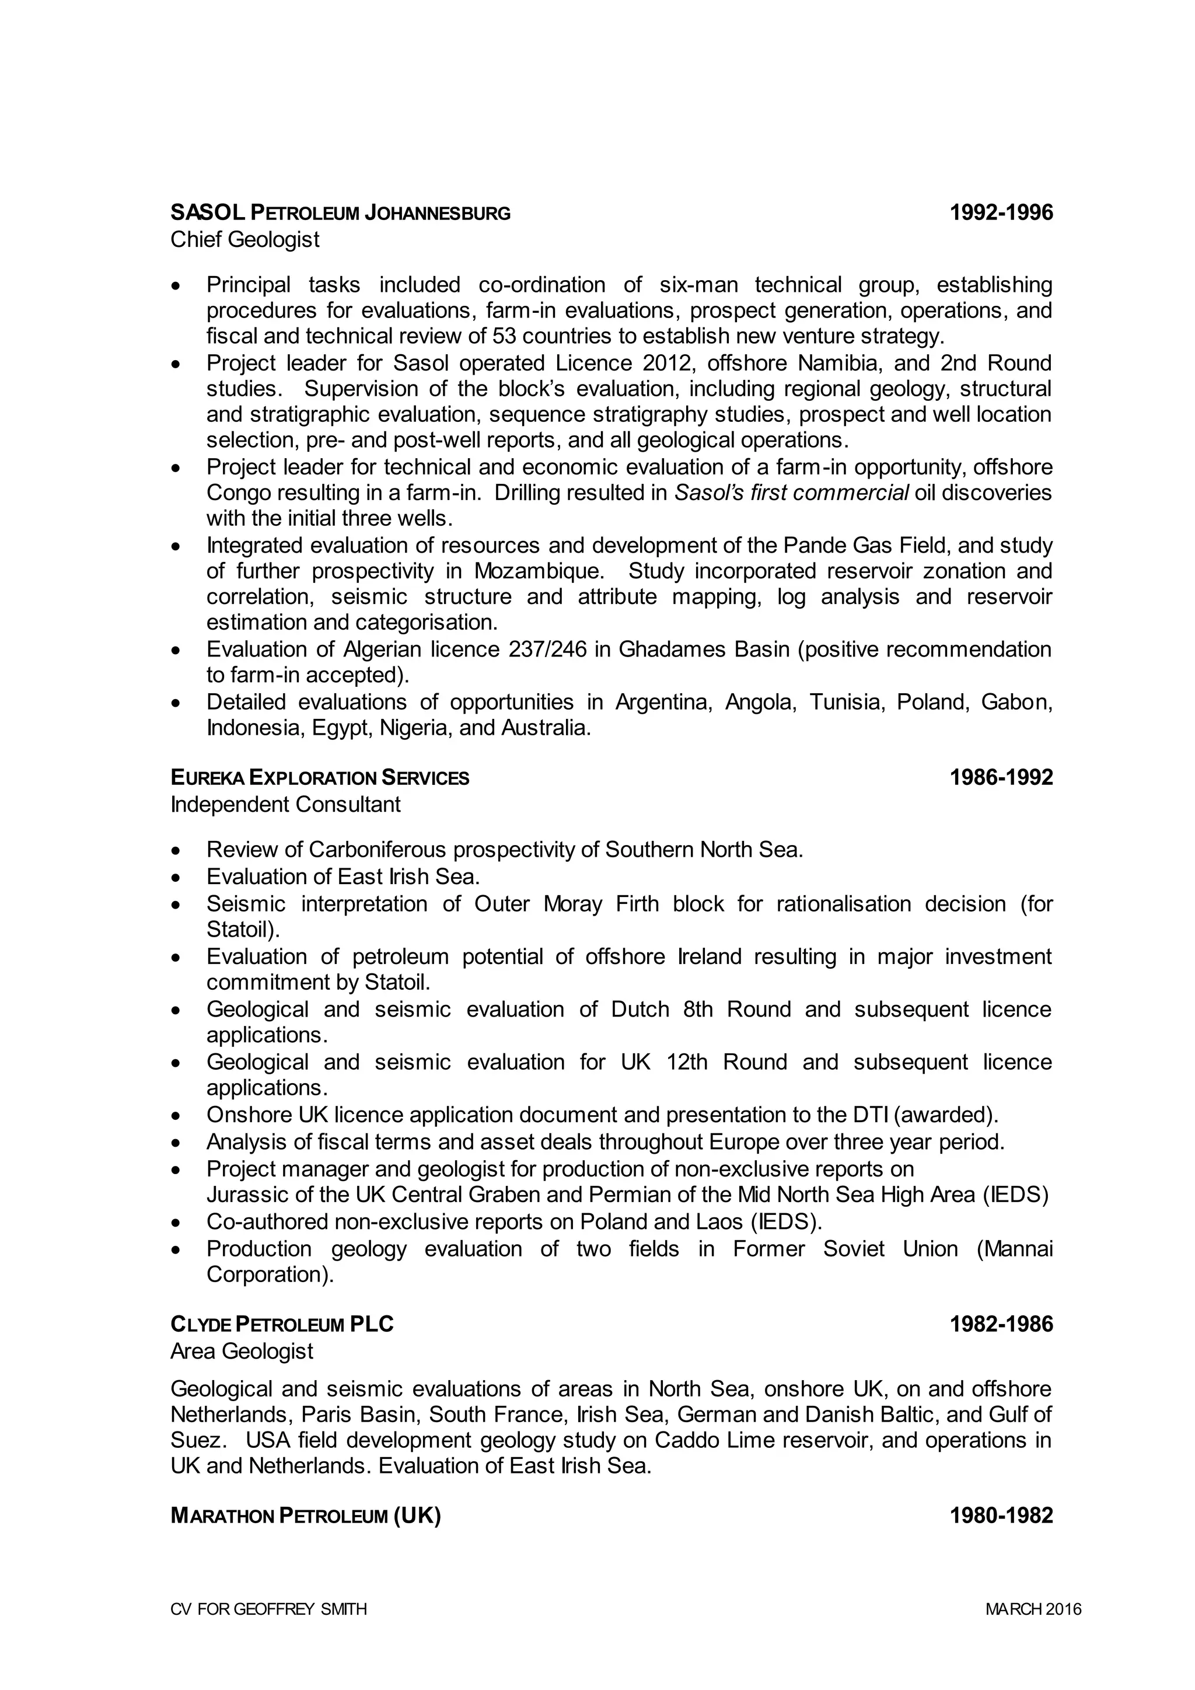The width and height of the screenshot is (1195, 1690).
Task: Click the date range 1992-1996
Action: tap(1001, 214)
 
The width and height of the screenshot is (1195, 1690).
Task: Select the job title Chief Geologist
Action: tap(245, 240)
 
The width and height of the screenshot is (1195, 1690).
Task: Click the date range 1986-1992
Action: tap(1001, 778)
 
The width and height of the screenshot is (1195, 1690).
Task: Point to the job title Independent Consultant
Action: tap(285, 805)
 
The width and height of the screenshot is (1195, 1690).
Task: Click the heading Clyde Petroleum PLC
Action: tap(282, 1325)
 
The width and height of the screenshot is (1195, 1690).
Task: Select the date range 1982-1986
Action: tap(1001, 1325)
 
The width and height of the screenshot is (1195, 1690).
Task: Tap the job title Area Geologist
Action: tap(242, 1352)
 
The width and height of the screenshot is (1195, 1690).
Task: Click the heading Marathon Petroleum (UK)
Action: tap(305, 1516)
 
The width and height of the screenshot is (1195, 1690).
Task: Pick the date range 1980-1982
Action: tap(1001, 1516)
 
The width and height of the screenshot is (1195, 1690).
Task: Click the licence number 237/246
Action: tap(547, 650)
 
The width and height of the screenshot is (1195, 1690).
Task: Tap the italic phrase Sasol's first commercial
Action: tap(791, 493)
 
